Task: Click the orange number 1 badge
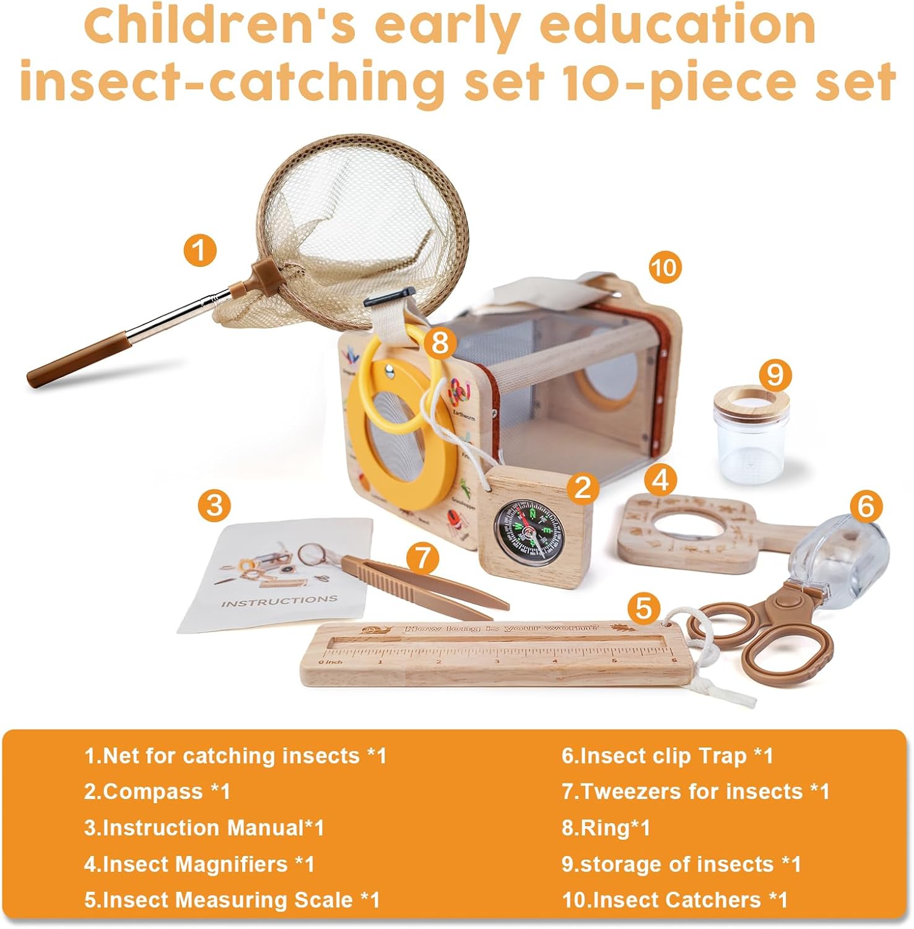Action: (199, 251)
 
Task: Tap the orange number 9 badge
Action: (775, 375)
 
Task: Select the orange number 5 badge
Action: (643, 608)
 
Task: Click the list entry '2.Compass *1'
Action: (157, 792)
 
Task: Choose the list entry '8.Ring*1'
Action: (606, 828)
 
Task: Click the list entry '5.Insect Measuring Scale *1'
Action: (232, 900)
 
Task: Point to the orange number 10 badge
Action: (664, 268)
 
